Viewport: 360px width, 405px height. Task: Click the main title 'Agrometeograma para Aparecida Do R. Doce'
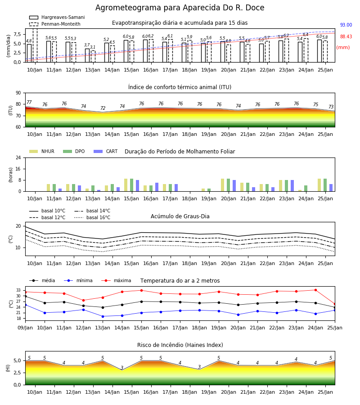pos(180,8)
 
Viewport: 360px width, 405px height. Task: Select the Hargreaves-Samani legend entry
pos(57,17)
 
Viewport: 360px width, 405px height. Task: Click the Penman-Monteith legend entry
pos(55,24)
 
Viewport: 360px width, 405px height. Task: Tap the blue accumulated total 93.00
pos(346,25)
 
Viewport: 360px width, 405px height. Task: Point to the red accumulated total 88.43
pos(346,36)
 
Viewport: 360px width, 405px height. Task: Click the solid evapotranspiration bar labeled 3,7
pos(87,55)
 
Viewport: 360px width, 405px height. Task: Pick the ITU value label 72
pos(103,108)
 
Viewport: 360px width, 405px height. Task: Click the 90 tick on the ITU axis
pos(18,93)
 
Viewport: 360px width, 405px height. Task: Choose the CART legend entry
pos(106,151)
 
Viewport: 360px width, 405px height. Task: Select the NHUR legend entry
pos(42,151)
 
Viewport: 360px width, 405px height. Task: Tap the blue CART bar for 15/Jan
pos(137,186)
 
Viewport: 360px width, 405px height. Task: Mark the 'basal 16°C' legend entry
pos(92,217)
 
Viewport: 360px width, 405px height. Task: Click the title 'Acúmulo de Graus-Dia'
pos(180,216)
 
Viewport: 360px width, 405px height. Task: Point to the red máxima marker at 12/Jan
pos(83,301)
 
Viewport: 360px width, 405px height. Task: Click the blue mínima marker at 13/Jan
pos(103,316)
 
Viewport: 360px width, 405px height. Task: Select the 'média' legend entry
pos(42,280)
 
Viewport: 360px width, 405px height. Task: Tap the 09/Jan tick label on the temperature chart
pos(25,328)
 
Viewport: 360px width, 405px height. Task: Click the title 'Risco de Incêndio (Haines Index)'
pos(180,345)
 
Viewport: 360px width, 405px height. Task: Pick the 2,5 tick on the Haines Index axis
pos(17,373)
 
